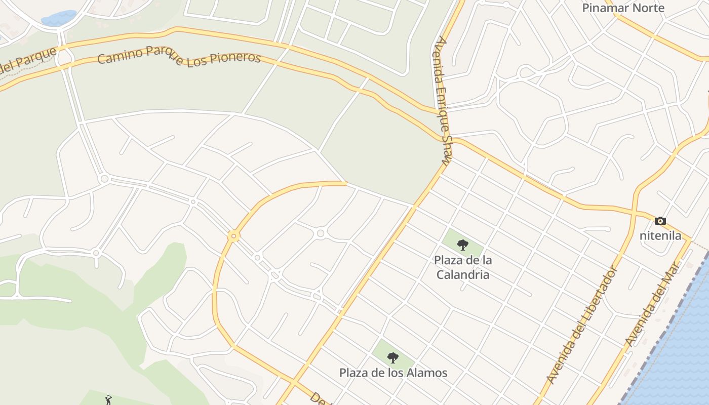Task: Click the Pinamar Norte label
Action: coord(623,8)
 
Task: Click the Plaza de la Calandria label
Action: coord(462,267)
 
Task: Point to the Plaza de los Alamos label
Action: coord(393,373)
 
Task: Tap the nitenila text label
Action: coord(660,235)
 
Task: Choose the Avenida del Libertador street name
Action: coord(583,325)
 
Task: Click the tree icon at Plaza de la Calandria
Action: coord(462,246)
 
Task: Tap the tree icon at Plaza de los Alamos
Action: coord(393,358)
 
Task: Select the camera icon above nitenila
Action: coord(660,221)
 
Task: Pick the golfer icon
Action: coord(108,400)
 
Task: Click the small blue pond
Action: coord(59,19)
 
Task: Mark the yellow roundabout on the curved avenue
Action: coord(233,236)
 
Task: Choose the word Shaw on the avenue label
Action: coord(446,150)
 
